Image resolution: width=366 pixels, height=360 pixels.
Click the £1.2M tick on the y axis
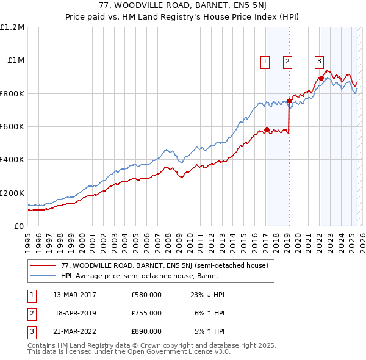[x=12, y=27]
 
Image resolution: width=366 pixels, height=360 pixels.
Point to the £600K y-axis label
[x=12, y=127]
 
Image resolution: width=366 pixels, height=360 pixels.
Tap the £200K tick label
[x=12, y=193]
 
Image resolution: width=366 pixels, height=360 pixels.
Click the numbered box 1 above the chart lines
[x=265, y=60]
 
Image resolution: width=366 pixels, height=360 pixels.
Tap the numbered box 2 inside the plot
[x=287, y=60]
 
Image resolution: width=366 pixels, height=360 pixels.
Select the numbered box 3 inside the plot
[x=320, y=60]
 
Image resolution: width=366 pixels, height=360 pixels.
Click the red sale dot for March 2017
[x=267, y=130]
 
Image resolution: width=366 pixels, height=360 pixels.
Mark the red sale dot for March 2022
[x=321, y=79]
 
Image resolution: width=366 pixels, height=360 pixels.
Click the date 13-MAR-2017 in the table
[x=75, y=295]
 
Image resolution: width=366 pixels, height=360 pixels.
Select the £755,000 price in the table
[x=146, y=313]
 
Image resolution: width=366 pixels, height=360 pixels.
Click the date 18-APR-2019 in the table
[x=75, y=313]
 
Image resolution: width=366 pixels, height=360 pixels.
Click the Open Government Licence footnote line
[x=129, y=352]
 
